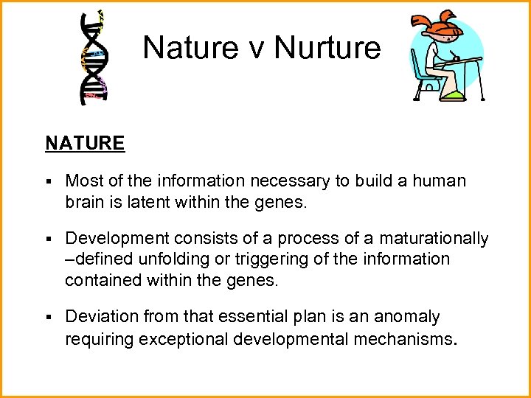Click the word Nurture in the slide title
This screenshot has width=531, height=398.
(327, 48)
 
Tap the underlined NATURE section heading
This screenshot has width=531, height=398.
(85, 143)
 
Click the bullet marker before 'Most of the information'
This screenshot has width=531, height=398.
(48, 181)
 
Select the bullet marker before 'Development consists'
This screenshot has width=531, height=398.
(48, 239)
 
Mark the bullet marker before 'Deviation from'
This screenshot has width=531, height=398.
(48, 317)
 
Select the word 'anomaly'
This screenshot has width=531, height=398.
(407, 317)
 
